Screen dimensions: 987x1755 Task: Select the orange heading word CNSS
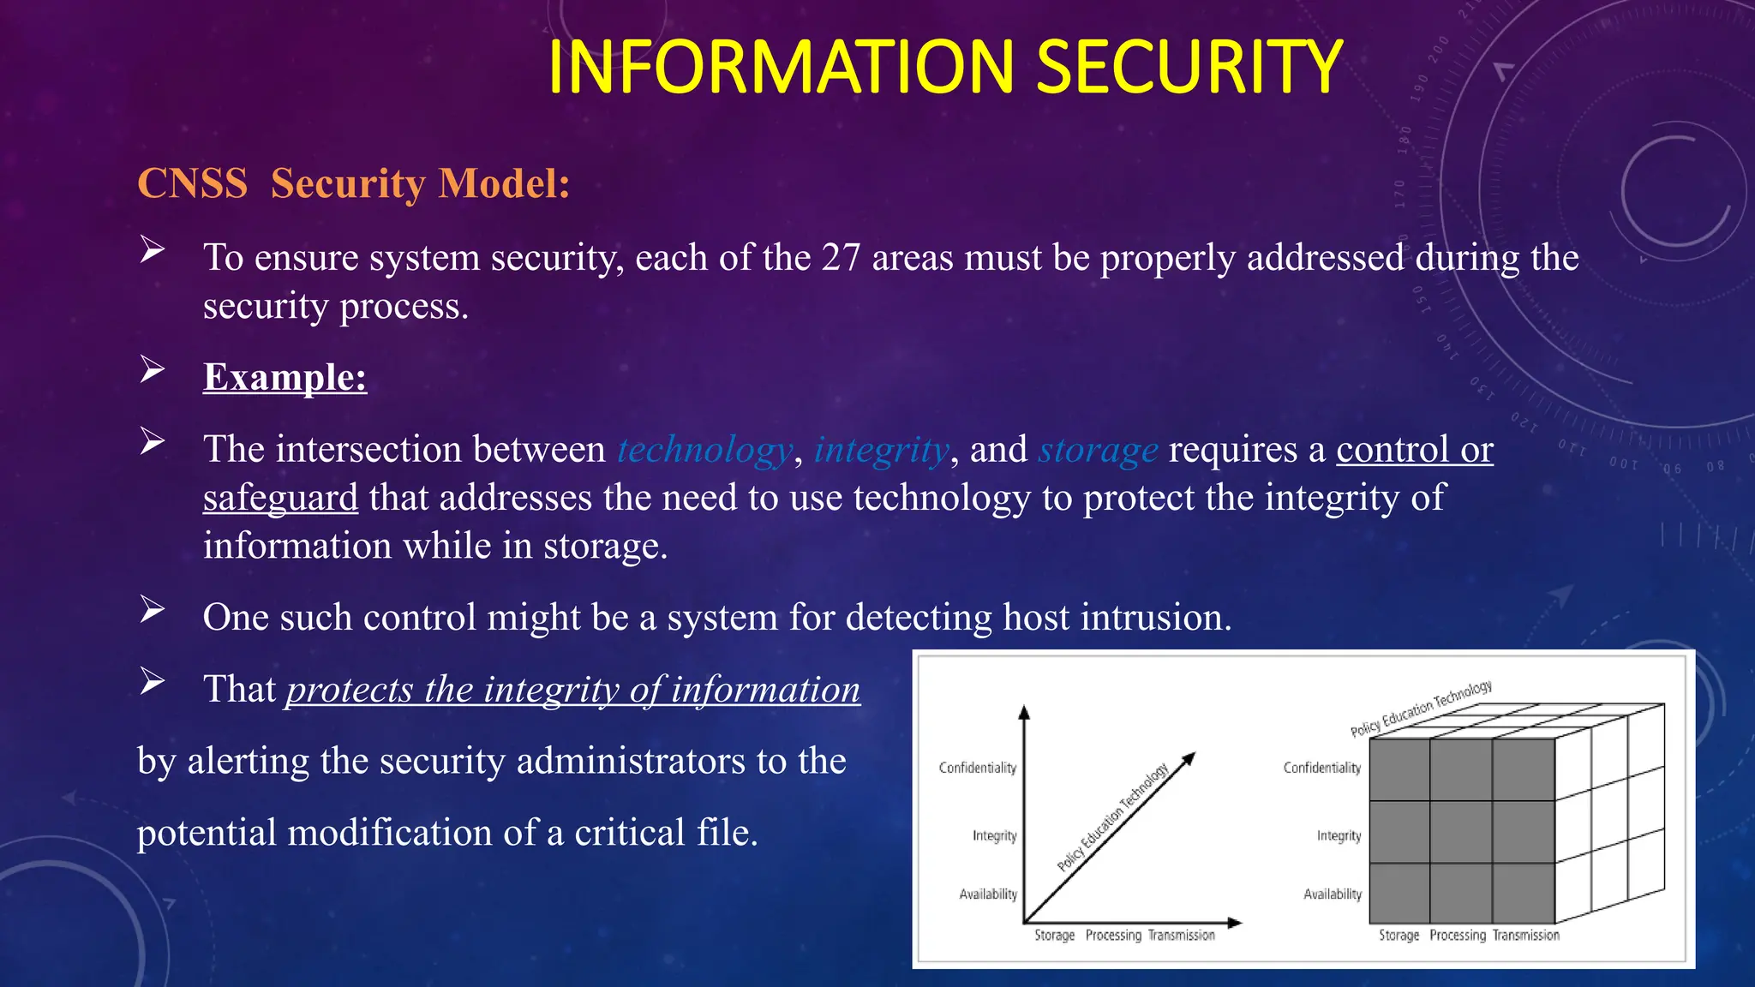point(192,183)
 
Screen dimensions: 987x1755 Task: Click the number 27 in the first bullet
point(841,258)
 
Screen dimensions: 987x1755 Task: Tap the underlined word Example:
point(285,377)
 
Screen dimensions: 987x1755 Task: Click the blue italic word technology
point(704,450)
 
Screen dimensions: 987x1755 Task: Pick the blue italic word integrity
point(881,450)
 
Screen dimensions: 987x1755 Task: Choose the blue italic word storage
point(1098,450)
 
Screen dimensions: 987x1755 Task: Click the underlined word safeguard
point(280,498)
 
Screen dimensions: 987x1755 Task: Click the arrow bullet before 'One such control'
point(153,610)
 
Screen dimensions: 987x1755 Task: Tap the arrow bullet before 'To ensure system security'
point(153,250)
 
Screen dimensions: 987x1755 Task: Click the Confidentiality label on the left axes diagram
point(977,768)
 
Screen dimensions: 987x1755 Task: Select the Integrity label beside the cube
point(1339,835)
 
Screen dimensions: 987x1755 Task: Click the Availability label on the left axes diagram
point(988,894)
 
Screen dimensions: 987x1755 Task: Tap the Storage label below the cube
point(1399,936)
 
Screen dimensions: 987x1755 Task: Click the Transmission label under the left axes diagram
point(1181,936)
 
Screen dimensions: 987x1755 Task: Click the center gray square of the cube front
point(1460,832)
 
